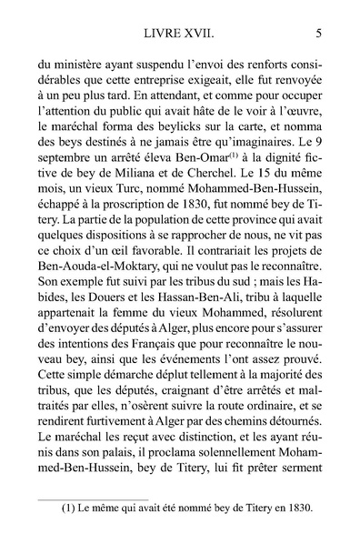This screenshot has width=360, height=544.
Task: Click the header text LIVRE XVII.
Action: pyautogui.click(x=178, y=37)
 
